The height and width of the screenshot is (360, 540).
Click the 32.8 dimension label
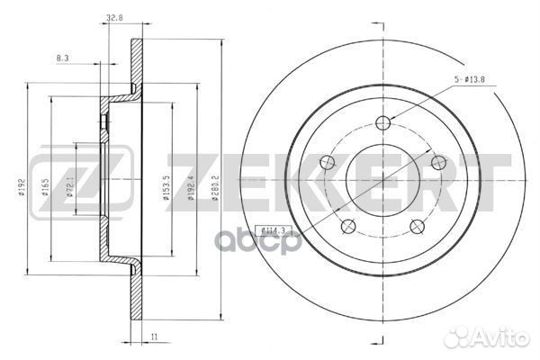click(x=113, y=17)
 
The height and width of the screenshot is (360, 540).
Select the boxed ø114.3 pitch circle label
click(x=272, y=229)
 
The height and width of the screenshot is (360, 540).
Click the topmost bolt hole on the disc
click(x=384, y=123)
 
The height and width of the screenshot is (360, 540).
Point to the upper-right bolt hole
click(x=438, y=162)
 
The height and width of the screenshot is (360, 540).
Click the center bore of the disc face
click(x=384, y=179)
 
